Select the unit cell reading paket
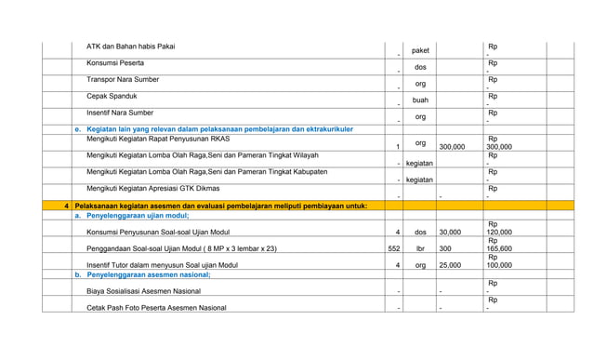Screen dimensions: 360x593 420,50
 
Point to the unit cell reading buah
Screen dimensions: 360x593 420,100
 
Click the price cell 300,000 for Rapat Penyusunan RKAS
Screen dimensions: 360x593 452,147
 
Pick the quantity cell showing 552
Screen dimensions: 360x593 393,249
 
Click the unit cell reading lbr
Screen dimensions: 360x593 420,249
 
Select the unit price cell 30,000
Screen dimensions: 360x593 451,233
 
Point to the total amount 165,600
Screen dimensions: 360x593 499,249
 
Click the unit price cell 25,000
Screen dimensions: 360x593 451,265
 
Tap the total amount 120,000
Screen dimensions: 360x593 499,233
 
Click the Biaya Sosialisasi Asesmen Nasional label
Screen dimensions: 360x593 145,292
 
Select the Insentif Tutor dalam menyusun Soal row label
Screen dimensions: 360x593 162,265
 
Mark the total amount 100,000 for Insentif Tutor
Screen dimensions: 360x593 499,265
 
